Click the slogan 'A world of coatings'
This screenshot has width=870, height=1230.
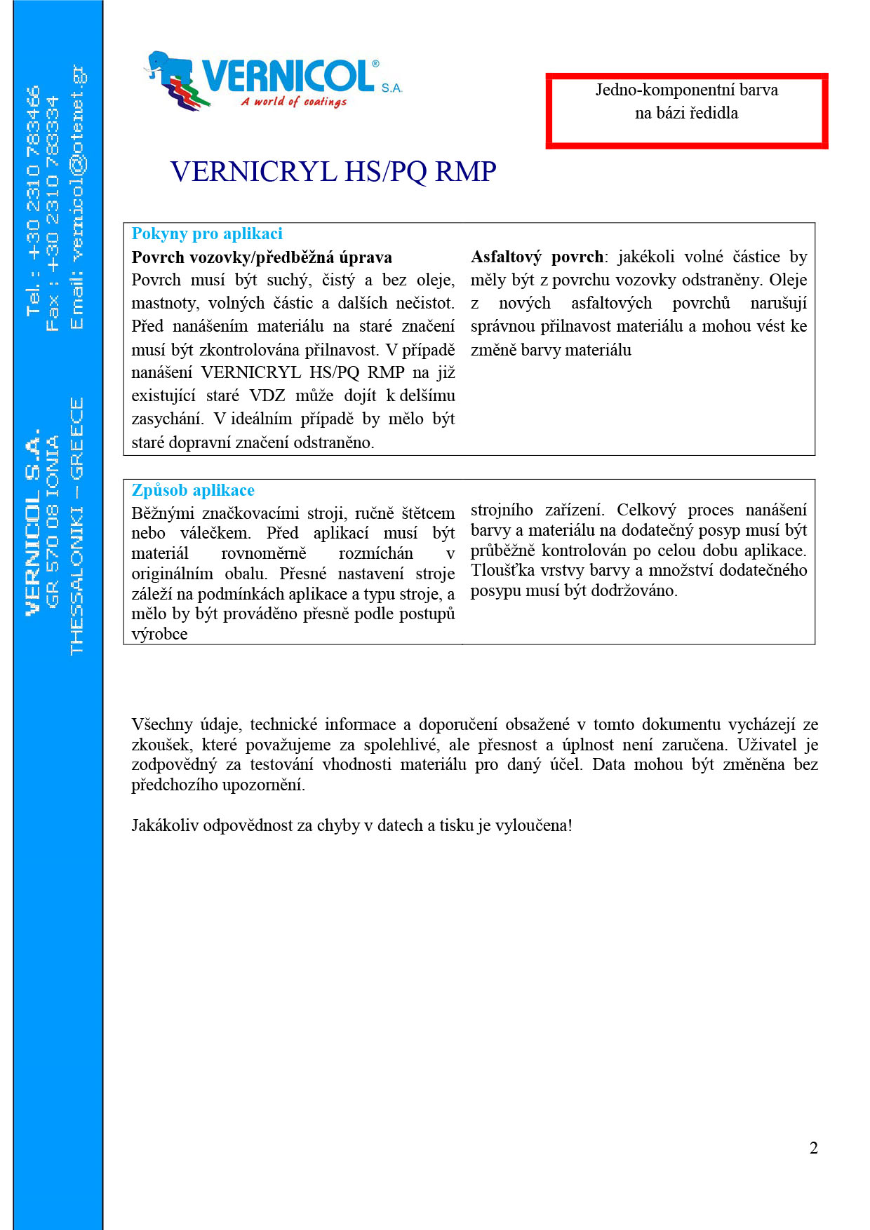[x=294, y=102]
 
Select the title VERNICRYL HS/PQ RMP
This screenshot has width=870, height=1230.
[x=333, y=172]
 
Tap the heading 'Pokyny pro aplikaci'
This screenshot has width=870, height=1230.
[x=207, y=234]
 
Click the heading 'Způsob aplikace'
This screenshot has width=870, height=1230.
[x=193, y=490]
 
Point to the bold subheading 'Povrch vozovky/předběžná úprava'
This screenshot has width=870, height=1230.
[x=262, y=257]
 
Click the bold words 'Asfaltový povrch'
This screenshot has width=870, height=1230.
[x=537, y=257]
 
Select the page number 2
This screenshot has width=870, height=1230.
[x=813, y=1148]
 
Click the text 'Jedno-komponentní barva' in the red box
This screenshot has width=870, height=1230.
[x=686, y=90]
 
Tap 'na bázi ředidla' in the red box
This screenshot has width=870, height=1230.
[x=686, y=113]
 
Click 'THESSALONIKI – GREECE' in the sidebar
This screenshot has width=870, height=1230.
[x=76, y=526]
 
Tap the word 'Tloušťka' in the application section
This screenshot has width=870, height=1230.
[x=503, y=571]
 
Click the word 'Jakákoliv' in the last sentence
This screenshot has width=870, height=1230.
[x=164, y=825]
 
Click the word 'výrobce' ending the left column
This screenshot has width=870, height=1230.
[x=159, y=634]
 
